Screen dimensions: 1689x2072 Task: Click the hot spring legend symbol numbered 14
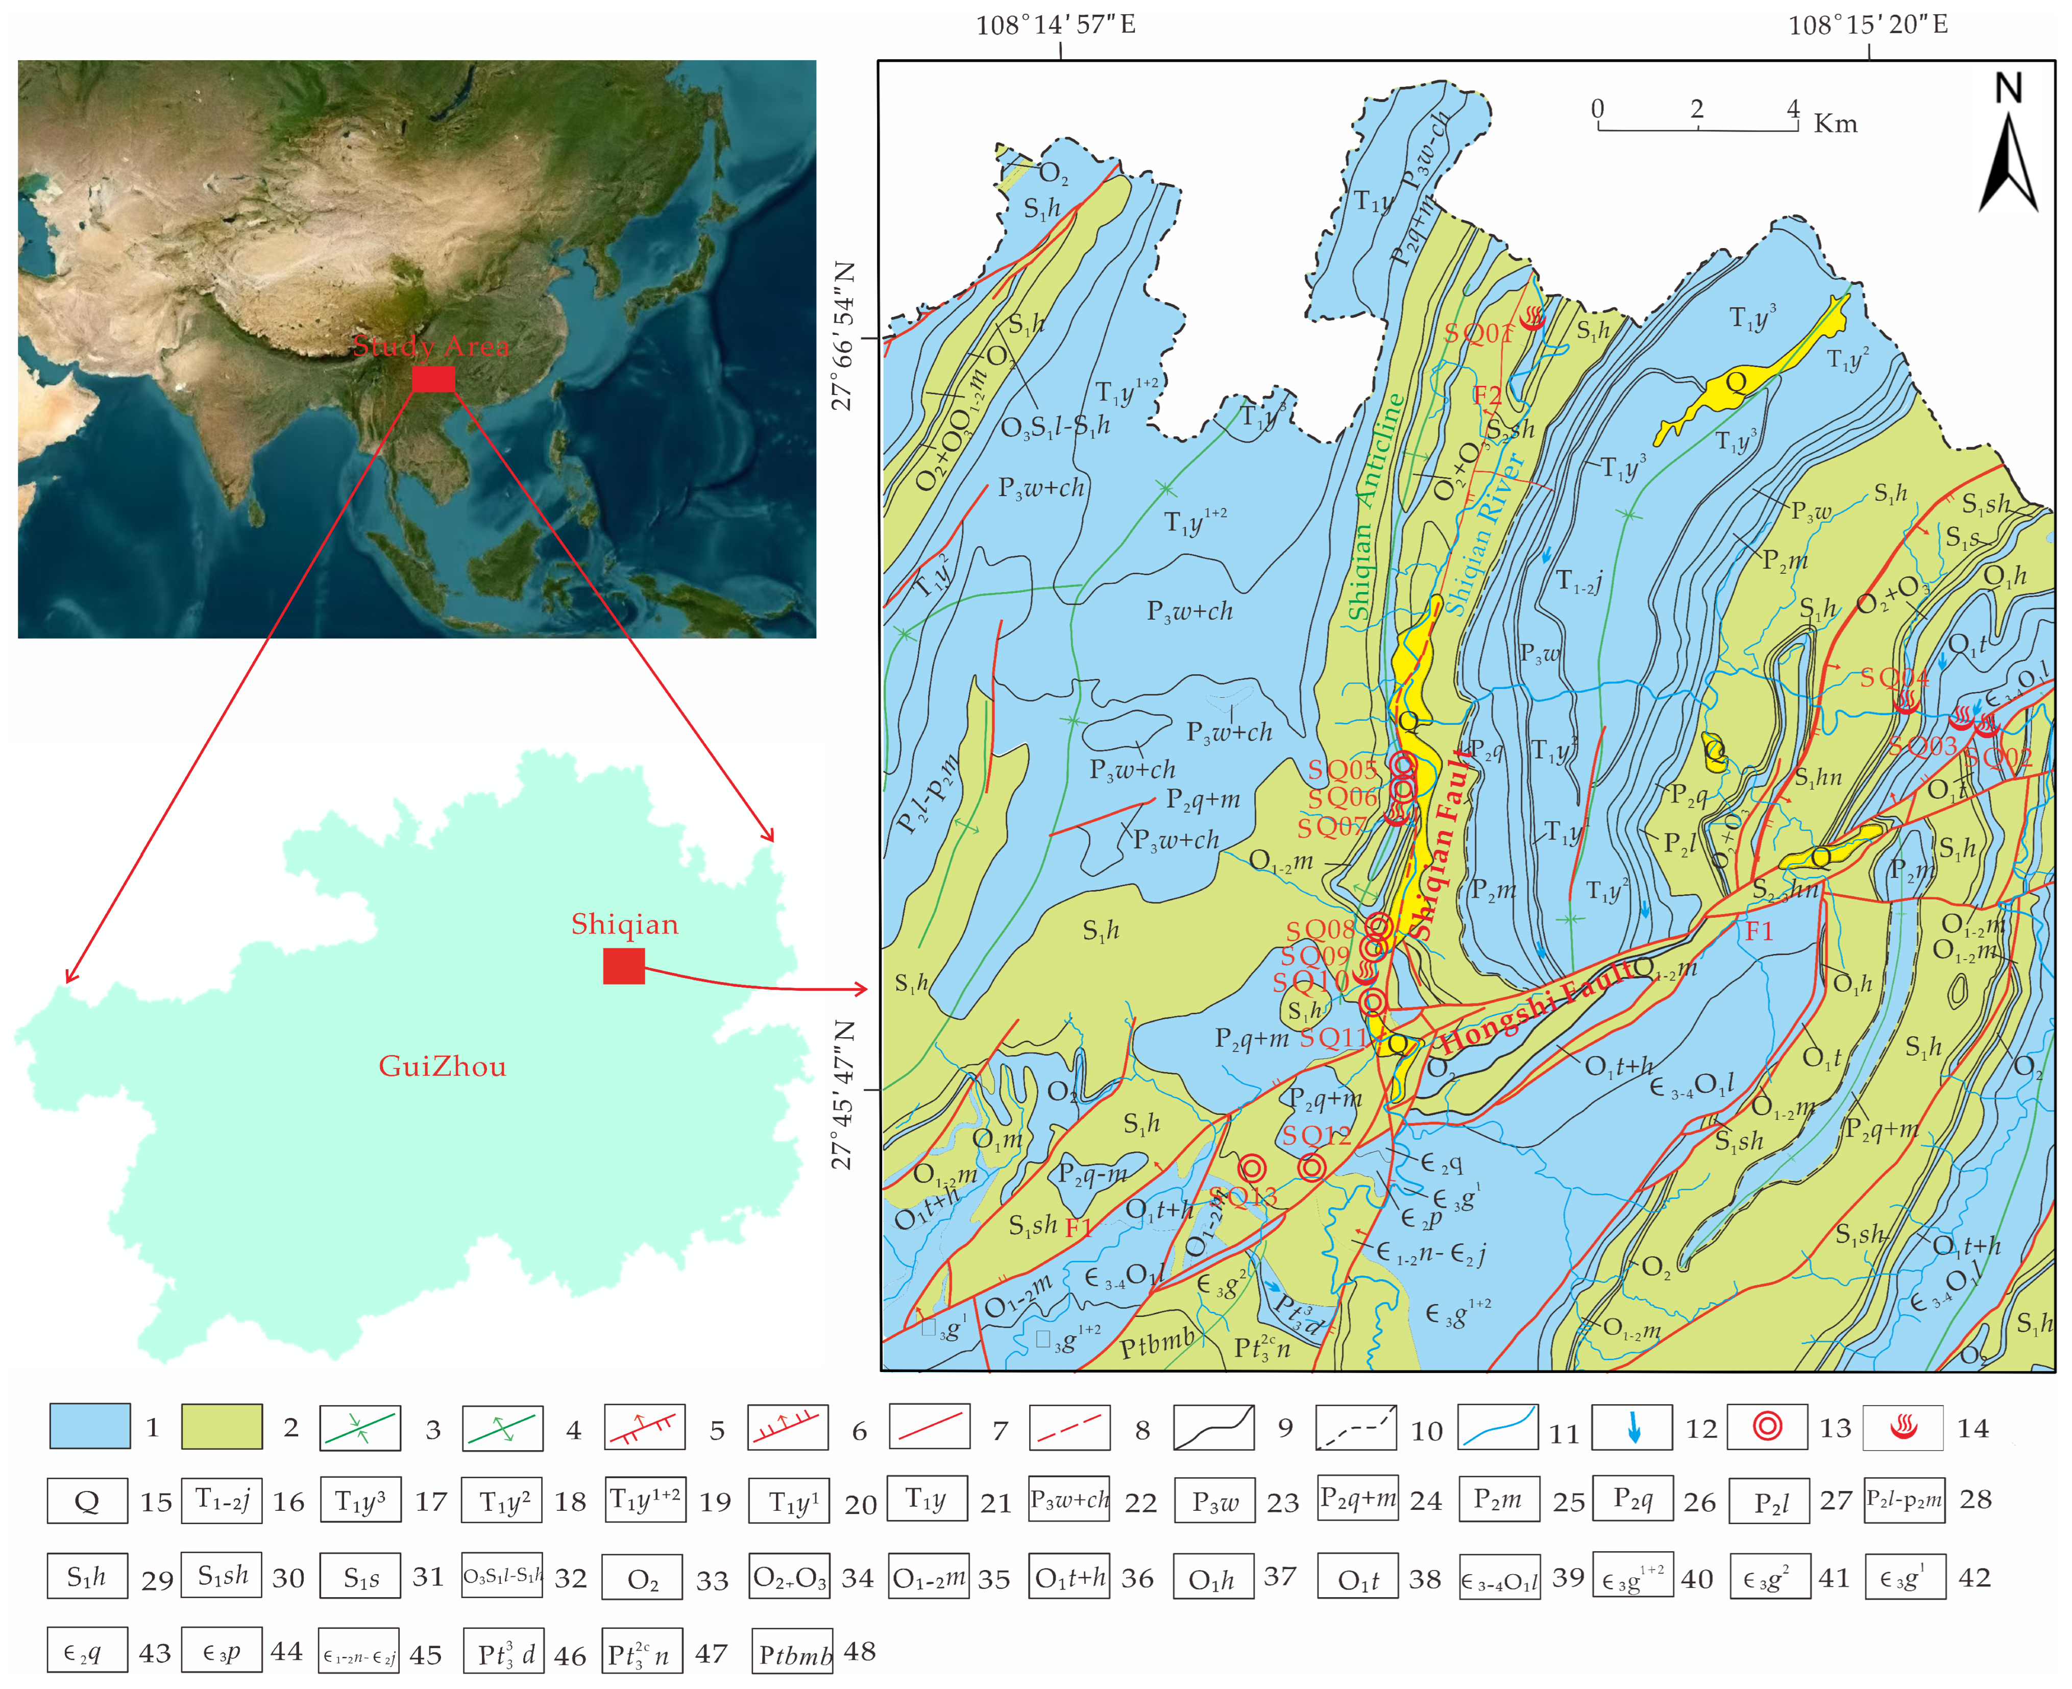1902,1427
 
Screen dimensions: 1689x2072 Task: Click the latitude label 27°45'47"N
842,1094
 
